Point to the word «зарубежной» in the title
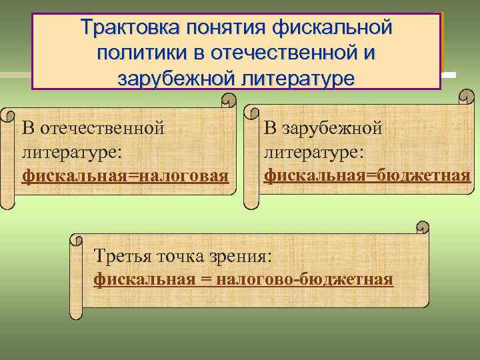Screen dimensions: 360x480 [x=175, y=78]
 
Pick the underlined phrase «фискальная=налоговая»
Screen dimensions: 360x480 [x=126, y=176]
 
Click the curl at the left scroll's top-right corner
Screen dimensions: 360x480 [x=229, y=99]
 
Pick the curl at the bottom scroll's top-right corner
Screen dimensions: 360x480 [x=423, y=227]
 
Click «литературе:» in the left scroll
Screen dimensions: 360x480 [x=71, y=152]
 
